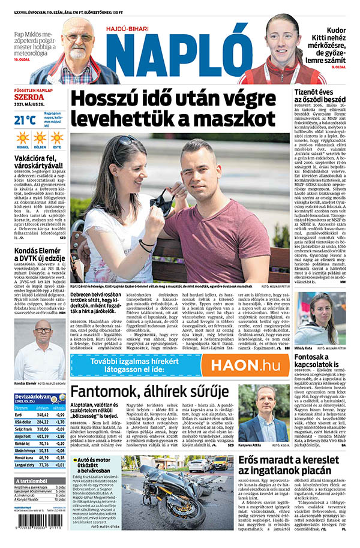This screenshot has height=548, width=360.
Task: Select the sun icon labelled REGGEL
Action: click(23, 138)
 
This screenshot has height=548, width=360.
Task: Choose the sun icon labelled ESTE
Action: click(57, 138)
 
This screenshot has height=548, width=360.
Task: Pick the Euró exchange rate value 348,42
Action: click(43, 414)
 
